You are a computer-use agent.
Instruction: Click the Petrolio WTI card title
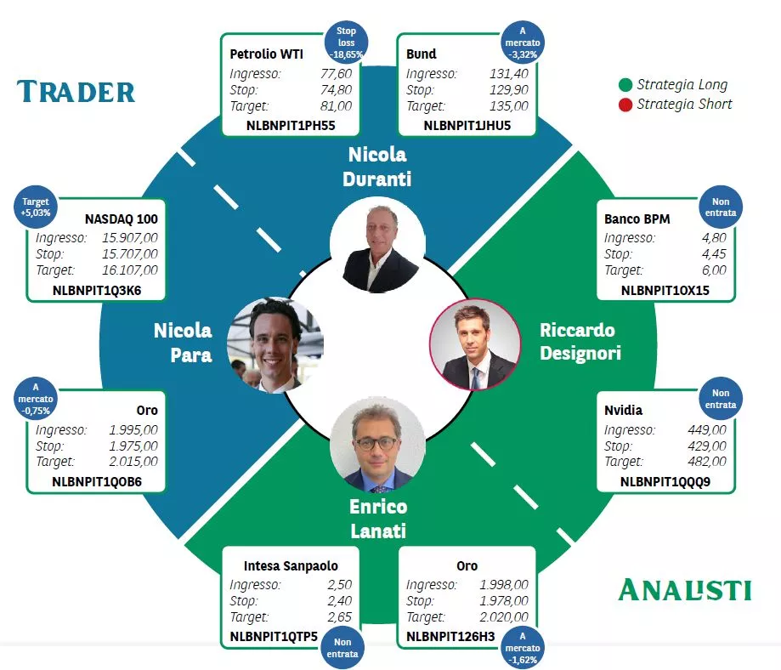coord(267,54)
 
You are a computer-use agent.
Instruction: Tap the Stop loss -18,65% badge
coord(346,43)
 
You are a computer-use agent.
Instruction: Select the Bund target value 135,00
coord(508,105)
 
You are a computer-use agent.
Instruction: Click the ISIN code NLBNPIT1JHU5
coord(467,126)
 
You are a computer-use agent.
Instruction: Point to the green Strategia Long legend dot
coord(625,85)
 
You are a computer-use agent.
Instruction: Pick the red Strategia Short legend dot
coord(625,105)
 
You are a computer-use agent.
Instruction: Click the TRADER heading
coord(76,92)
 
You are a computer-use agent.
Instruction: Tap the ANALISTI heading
coord(685,590)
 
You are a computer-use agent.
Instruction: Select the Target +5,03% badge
coord(36,207)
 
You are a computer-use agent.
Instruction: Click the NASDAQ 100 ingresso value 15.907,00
coord(130,238)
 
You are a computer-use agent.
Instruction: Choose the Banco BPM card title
coord(637,219)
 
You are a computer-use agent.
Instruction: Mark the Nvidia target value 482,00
coord(707,461)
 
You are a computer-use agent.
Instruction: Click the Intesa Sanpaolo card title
coord(291,565)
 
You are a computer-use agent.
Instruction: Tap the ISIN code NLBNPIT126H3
coord(450,637)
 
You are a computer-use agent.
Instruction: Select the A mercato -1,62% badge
coord(523,648)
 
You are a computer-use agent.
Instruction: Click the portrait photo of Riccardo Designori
coord(475,344)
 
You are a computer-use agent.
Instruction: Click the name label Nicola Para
coord(184,343)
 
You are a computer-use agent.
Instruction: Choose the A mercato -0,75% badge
coord(36,399)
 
